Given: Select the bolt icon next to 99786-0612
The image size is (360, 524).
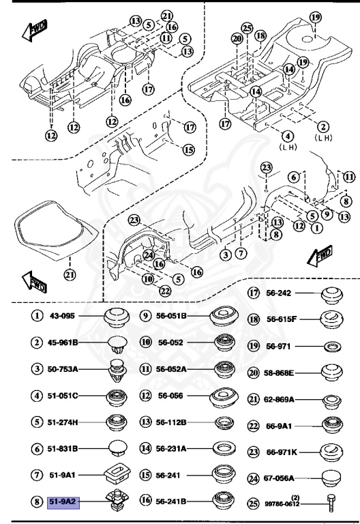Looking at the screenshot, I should pos(330,503).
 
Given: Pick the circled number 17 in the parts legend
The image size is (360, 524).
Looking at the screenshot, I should pos(254,293).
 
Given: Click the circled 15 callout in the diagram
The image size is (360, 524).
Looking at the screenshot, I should pos(188,149).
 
